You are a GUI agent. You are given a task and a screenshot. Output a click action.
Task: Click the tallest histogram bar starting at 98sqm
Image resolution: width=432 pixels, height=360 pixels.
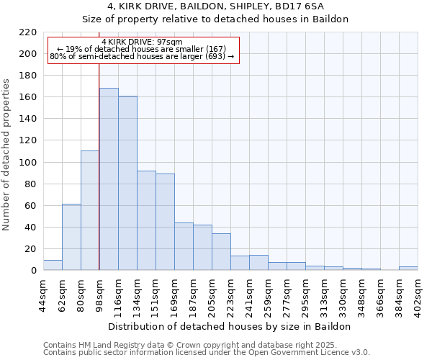(109, 179)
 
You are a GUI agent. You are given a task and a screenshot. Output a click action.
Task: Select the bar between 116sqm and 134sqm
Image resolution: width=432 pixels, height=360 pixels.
(127, 183)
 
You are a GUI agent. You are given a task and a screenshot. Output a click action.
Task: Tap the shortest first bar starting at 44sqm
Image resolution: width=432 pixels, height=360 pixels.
(53, 265)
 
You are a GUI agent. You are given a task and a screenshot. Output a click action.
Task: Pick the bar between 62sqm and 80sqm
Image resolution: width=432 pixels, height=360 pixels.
(71, 237)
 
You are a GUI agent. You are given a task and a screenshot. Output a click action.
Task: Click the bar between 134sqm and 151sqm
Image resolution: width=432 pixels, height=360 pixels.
(146, 220)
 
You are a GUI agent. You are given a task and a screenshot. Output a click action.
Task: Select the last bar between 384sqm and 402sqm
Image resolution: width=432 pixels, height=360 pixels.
(408, 269)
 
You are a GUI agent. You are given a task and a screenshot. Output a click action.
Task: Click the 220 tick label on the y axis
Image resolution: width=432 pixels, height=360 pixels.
(28, 32)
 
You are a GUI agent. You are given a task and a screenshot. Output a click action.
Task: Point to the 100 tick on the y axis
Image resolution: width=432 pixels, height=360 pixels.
(28, 163)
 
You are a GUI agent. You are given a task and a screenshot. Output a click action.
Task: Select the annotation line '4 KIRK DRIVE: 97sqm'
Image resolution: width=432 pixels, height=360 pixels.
(143, 42)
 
